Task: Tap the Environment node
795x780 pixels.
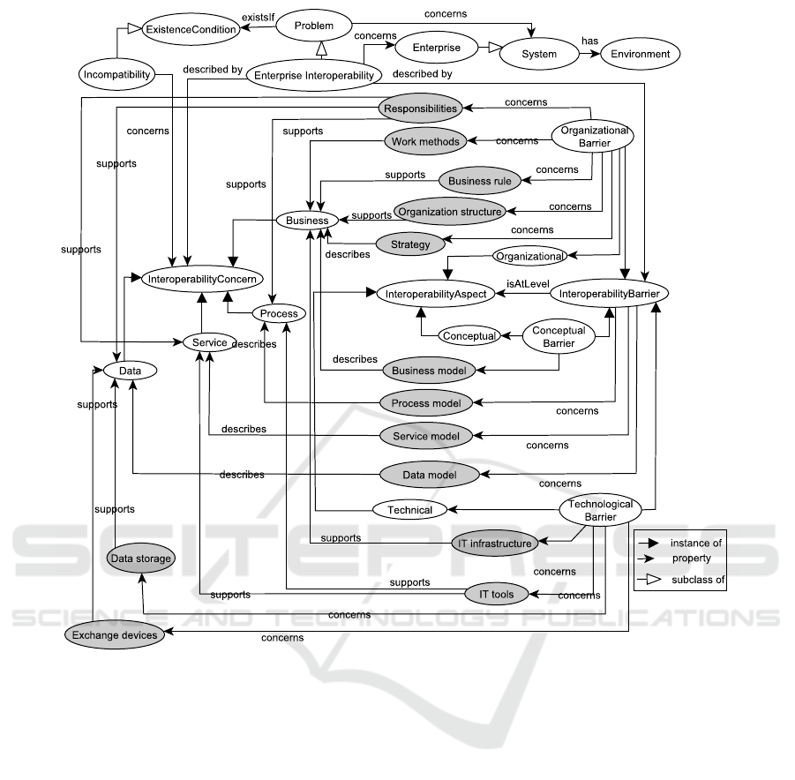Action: click(641, 54)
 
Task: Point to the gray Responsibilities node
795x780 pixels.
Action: click(421, 109)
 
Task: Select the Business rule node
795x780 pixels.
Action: click(480, 181)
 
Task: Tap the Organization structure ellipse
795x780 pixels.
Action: click(450, 211)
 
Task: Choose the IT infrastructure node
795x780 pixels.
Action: click(493, 543)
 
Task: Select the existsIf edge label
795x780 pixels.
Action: click(260, 15)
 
